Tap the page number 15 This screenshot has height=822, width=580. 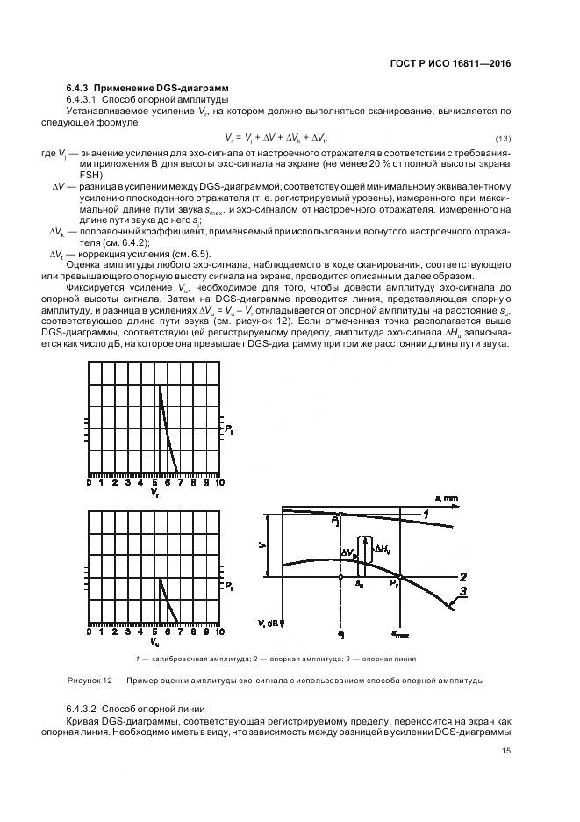[505, 750]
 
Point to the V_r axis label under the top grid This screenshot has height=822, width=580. [154, 494]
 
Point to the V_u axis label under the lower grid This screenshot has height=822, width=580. [154, 642]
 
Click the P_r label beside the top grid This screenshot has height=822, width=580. [227, 429]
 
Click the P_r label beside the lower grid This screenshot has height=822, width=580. [227, 584]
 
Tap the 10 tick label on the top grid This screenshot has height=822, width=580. [218, 482]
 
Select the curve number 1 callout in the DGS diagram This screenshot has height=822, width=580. [426, 513]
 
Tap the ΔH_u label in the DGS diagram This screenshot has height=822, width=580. [383, 550]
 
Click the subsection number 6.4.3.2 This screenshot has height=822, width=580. [82, 708]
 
